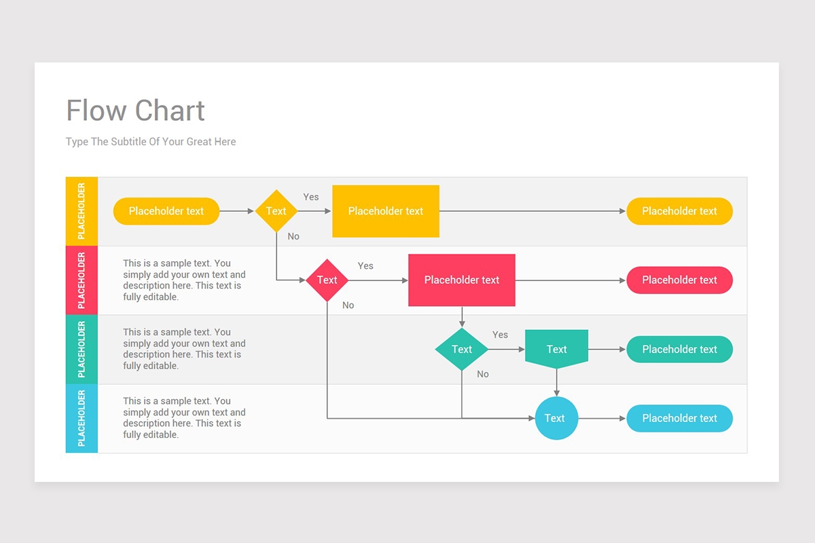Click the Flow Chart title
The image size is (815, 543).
136,111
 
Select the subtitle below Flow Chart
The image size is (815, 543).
151,142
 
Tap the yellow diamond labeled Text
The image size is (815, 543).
276,211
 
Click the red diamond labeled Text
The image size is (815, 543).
327,280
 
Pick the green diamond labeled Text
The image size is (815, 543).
462,350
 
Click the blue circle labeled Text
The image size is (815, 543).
556,418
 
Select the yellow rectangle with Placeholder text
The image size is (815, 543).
386,211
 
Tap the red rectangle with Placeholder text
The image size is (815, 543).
462,280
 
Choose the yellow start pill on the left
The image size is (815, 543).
166,211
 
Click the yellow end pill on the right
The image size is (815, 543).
679,211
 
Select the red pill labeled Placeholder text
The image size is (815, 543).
679,280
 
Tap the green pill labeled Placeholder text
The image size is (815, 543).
679,350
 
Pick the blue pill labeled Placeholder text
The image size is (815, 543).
679,418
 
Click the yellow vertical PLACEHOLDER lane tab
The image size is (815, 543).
81,211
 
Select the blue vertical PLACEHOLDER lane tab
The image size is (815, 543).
81,418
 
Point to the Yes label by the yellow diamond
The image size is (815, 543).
311,197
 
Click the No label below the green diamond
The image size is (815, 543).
483,374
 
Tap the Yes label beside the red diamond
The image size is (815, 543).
365,266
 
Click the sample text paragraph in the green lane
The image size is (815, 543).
184,349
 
